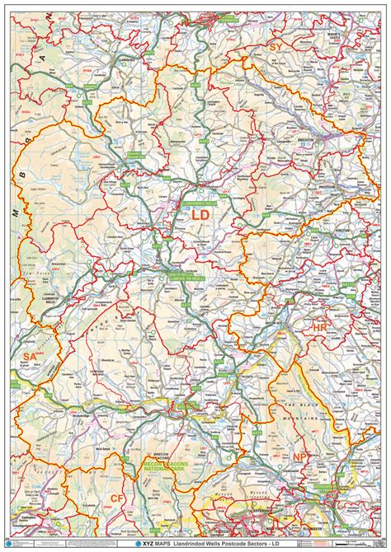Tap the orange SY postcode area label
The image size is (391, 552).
pyautogui.click(x=273, y=47)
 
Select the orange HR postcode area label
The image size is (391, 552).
pyautogui.click(x=320, y=327)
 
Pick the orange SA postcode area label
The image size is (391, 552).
pyautogui.click(x=30, y=356)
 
